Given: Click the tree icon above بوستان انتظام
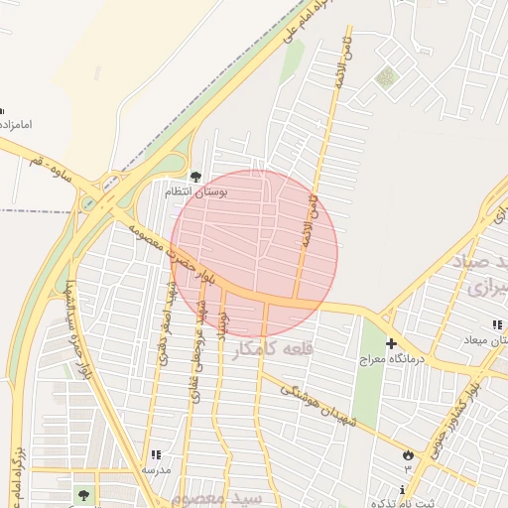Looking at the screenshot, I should click(x=194, y=178).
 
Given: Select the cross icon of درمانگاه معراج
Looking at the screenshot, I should click(x=391, y=342).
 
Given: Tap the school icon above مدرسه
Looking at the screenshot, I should click(x=155, y=453).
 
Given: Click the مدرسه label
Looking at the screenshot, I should click(x=156, y=468).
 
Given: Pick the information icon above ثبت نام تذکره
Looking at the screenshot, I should click(x=401, y=489).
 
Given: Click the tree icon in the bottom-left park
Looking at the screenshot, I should click(x=82, y=492).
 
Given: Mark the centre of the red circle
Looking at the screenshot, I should click(x=254, y=254).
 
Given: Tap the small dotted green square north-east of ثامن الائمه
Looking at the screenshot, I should click(x=385, y=77).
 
